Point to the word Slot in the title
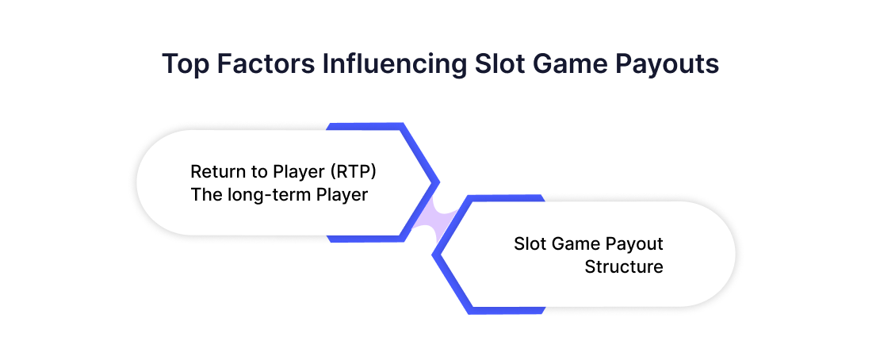(x=499, y=63)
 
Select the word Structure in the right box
(x=623, y=266)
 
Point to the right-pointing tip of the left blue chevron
(x=439, y=182)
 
